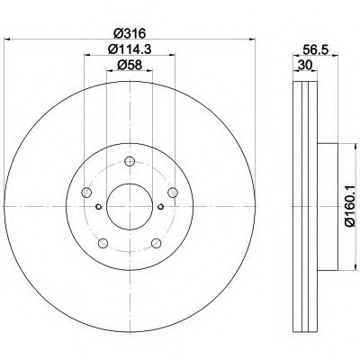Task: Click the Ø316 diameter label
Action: point(130,32)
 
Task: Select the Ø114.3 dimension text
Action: point(130,49)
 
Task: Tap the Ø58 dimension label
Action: point(130,65)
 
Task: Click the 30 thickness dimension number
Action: point(304,65)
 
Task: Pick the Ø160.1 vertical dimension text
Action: point(350,206)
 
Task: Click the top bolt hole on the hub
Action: point(130,162)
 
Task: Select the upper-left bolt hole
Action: point(86,193)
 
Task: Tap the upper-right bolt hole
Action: point(173,193)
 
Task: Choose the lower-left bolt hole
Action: point(103,243)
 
